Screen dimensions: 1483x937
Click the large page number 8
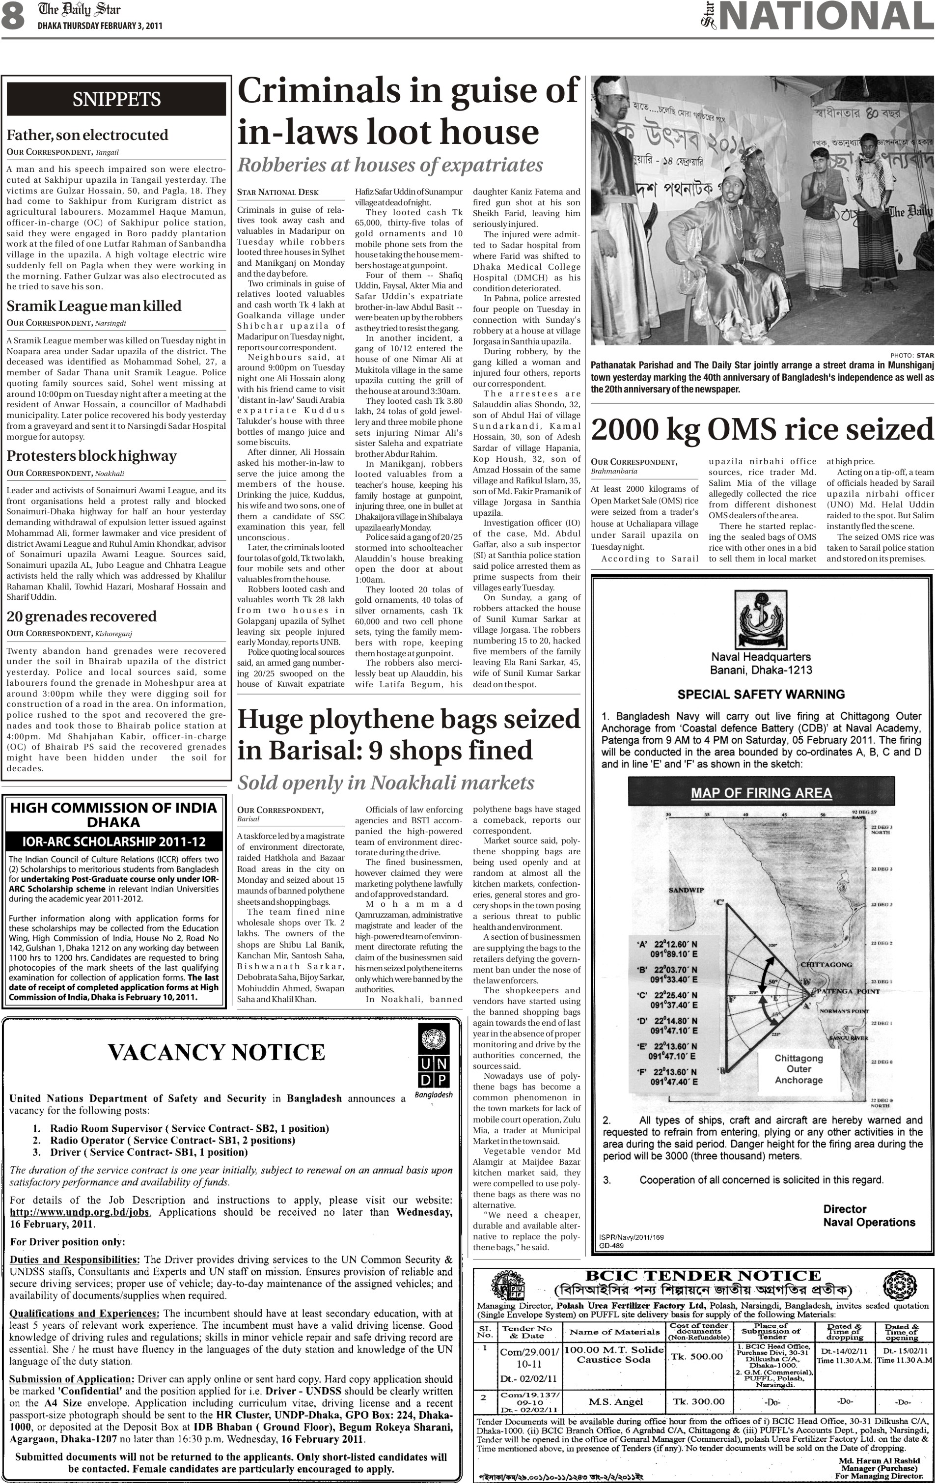[13, 18]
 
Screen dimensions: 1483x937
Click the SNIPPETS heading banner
[116, 99]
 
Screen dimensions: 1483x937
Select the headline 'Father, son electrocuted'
[87, 135]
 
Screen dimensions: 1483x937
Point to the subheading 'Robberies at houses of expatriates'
[390, 165]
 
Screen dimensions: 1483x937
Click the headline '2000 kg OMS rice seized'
[762, 430]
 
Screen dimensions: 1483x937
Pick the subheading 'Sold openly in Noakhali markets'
[386, 783]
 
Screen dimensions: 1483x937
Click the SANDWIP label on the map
[686, 891]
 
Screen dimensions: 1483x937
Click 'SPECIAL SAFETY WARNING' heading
[761, 694]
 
